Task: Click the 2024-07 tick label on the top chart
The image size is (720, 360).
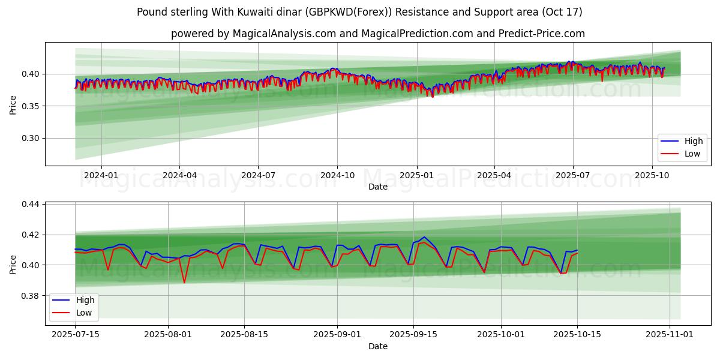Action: pos(258,175)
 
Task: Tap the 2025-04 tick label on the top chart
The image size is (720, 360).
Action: pos(494,175)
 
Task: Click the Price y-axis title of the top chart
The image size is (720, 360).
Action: pos(13,105)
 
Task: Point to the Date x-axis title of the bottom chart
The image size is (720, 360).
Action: pos(378,346)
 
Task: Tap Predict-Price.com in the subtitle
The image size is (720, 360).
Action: pos(542,34)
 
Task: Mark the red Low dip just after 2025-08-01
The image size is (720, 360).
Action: pos(184,282)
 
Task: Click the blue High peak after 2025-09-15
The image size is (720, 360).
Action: pos(424,237)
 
